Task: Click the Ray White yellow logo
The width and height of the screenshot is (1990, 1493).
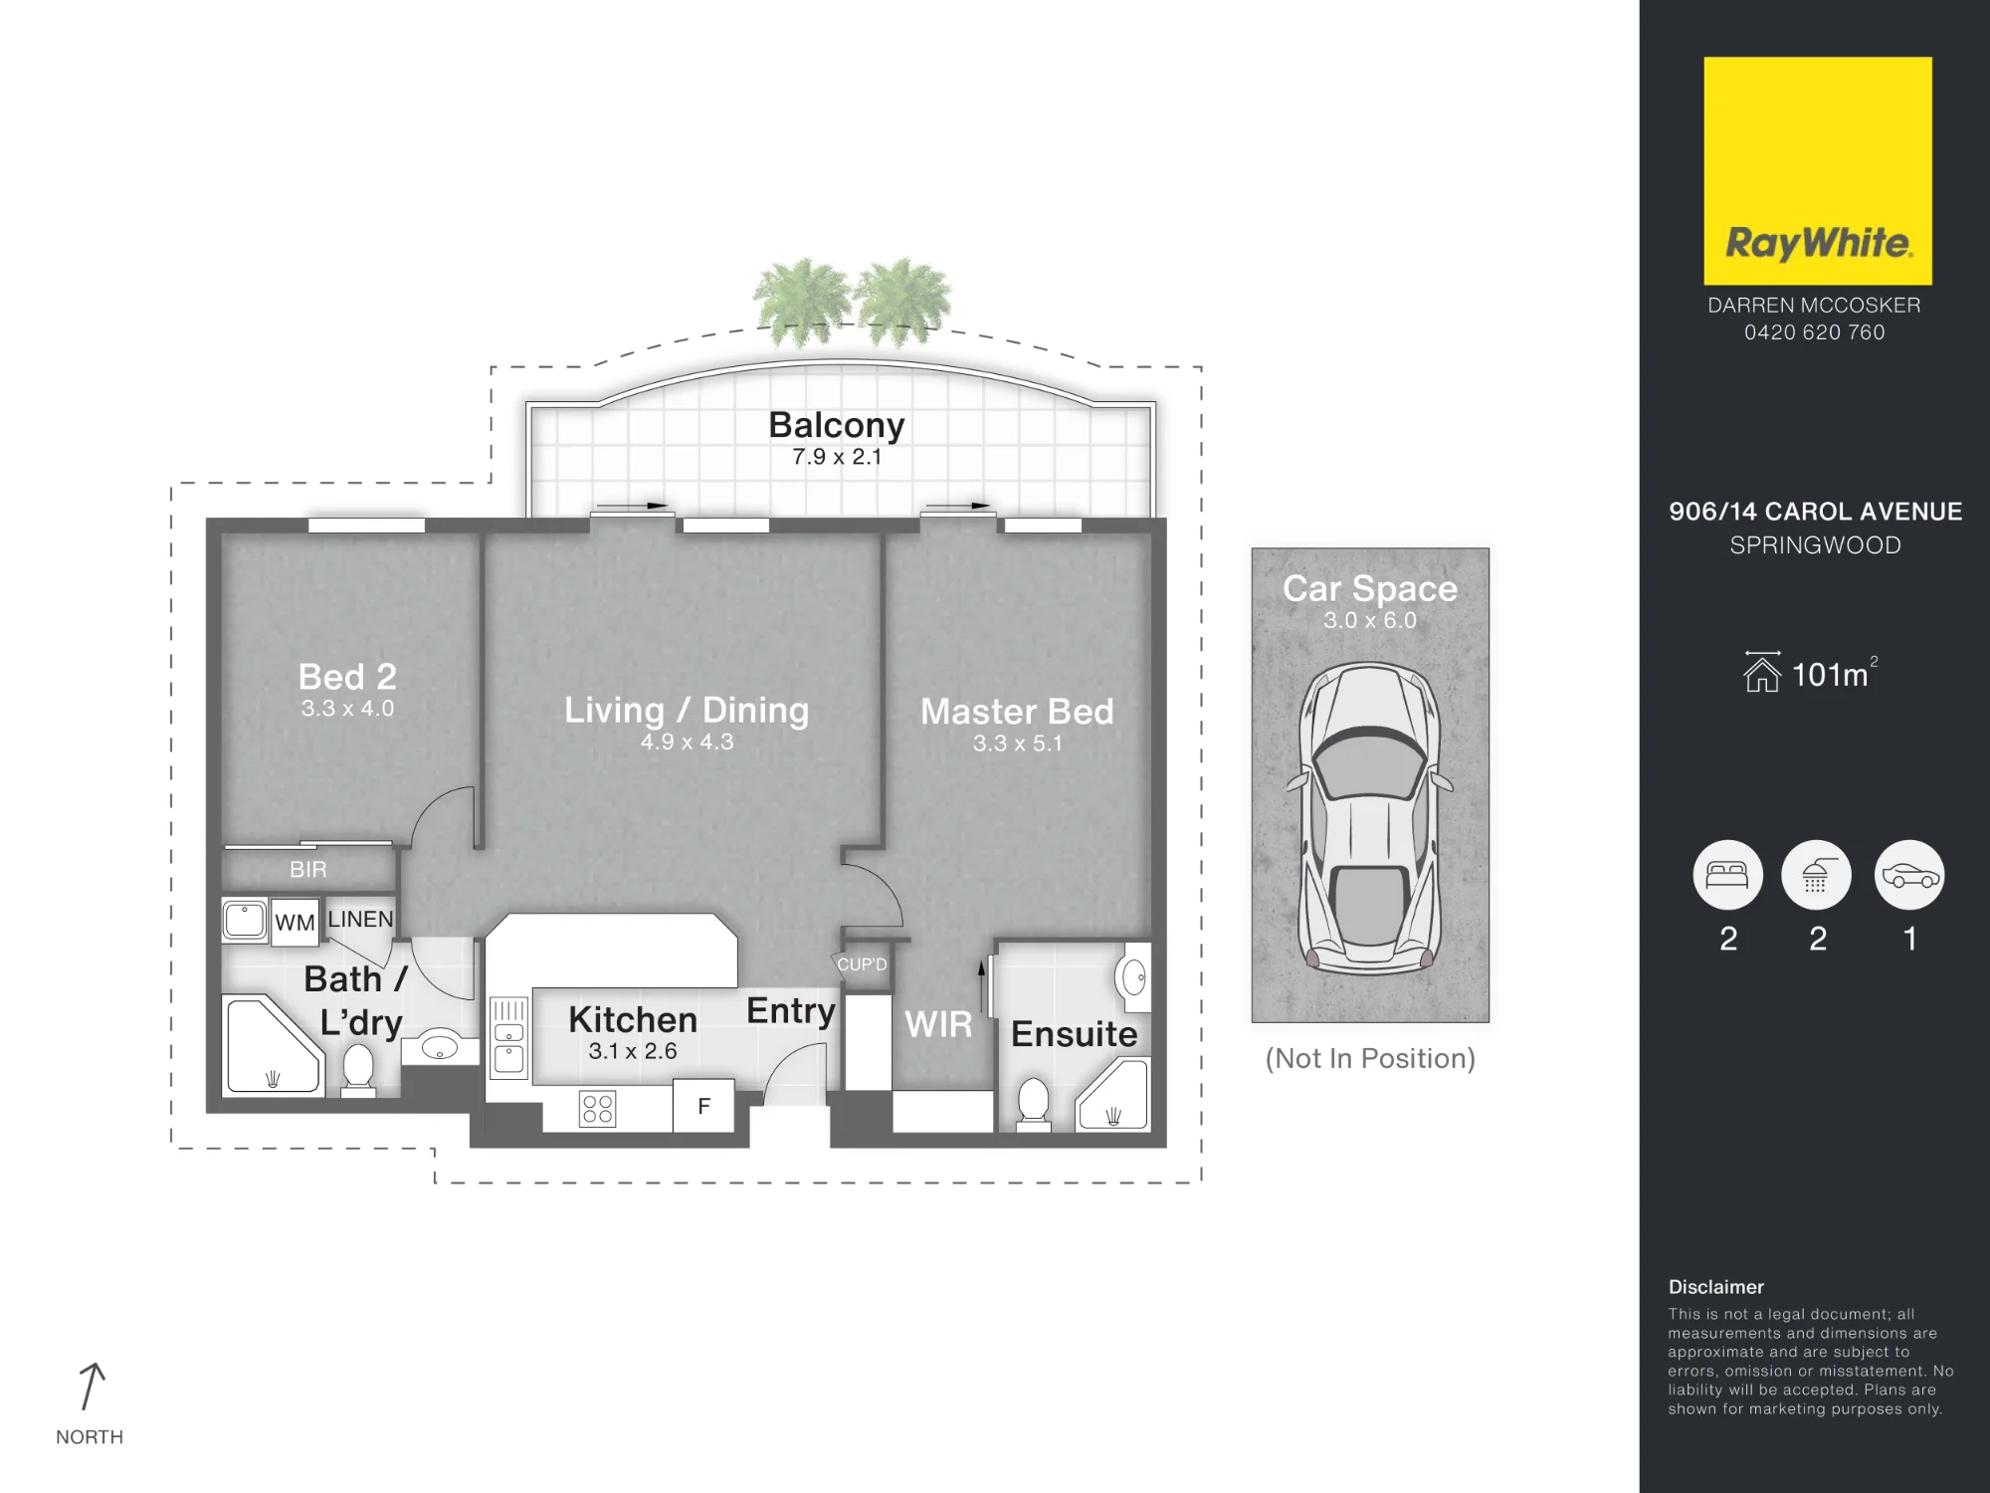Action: [x=1817, y=170]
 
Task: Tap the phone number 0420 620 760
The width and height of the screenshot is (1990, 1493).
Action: [x=1814, y=332]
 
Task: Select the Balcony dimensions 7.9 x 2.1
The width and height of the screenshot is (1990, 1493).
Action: [x=837, y=457]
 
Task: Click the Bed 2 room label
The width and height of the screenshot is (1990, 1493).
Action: [x=347, y=677]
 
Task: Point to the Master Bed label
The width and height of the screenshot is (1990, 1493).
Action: [x=1017, y=712]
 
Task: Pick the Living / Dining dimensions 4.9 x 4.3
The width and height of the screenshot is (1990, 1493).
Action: [x=687, y=742]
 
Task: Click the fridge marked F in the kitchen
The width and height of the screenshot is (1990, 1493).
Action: [x=703, y=1106]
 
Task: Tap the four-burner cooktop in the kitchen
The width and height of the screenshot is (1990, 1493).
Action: [x=597, y=1108]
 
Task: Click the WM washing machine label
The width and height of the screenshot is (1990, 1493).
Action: [x=295, y=923]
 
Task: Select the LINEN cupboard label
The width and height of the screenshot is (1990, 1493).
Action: [x=360, y=919]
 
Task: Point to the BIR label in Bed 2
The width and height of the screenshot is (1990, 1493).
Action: [x=307, y=869]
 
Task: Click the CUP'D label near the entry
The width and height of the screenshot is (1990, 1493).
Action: [x=862, y=964]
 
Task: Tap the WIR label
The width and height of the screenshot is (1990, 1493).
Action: [x=938, y=1024]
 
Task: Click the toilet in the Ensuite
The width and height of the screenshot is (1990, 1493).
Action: [x=1034, y=1104]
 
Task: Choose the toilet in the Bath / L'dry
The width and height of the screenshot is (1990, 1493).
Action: [x=358, y=1070]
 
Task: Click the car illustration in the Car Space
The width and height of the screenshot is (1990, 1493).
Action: [x=1369, y=818]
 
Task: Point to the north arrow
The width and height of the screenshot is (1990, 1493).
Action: [x=91, y=1386]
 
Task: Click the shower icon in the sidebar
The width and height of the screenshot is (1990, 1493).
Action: [x=1816, y=875]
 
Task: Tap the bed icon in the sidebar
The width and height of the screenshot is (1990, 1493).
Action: [x=1727, y=875]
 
